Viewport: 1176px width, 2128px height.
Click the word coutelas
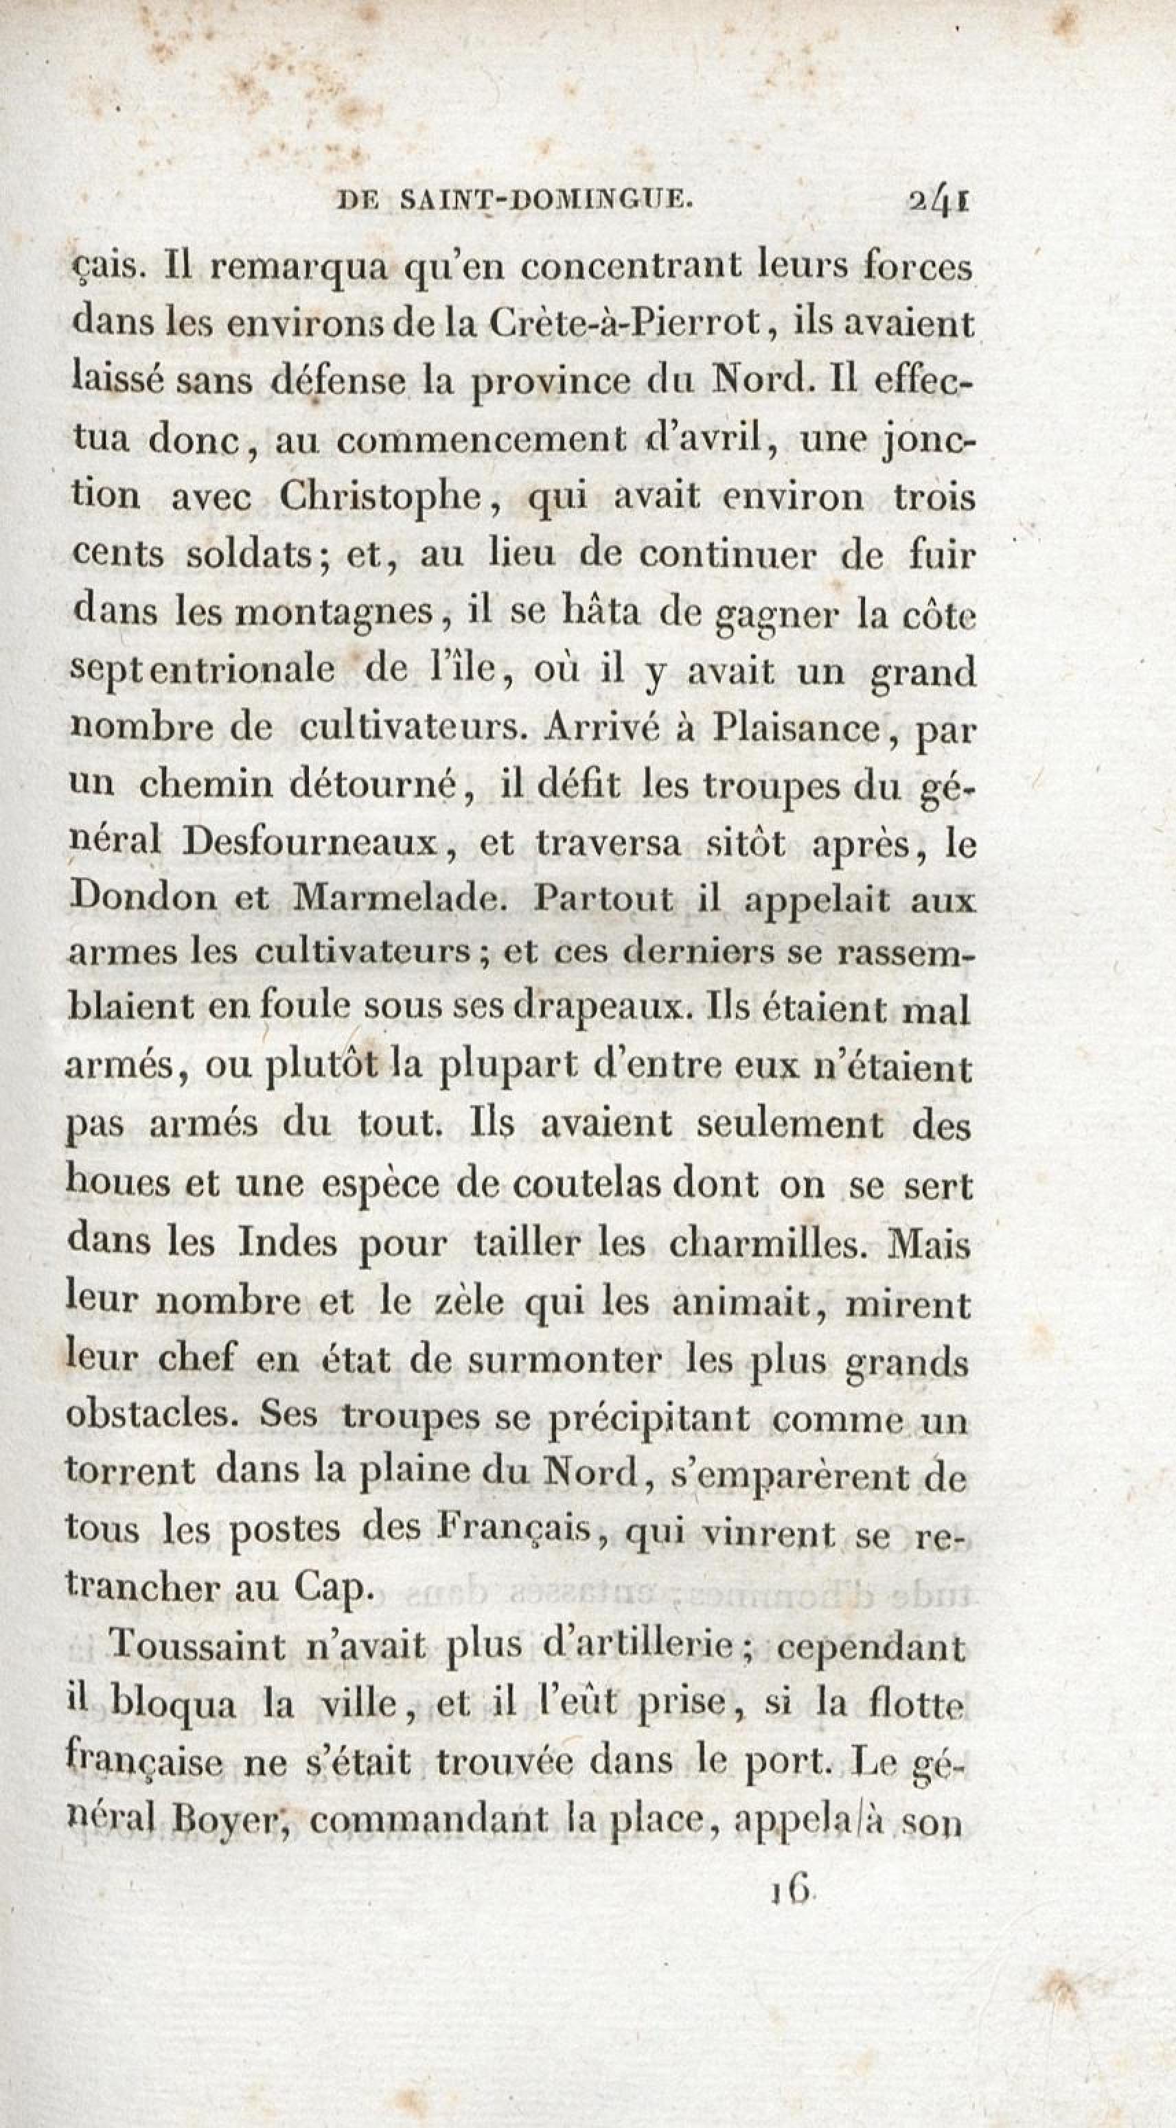[586, 1187]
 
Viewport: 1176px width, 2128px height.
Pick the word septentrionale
[203, 671]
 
